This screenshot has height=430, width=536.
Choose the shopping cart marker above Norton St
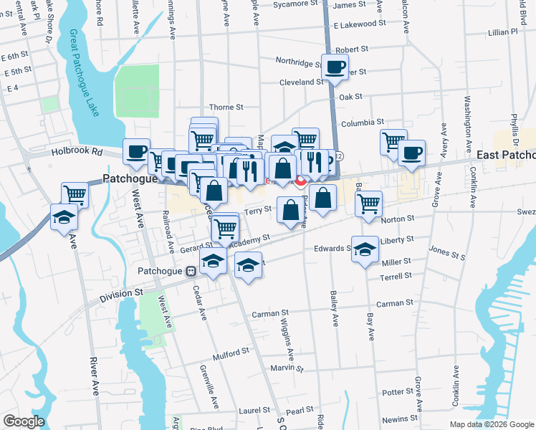pos(368,204)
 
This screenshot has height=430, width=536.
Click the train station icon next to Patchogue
pos(191,272)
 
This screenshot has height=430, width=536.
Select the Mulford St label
pos(230,351)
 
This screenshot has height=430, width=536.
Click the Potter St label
pos(393,392)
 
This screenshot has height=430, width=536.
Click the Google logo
pos(23,421)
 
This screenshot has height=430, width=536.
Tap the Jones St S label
pos(446,252)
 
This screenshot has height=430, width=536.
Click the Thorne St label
pos(226,107)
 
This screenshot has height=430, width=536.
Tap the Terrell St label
pos(396,275)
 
